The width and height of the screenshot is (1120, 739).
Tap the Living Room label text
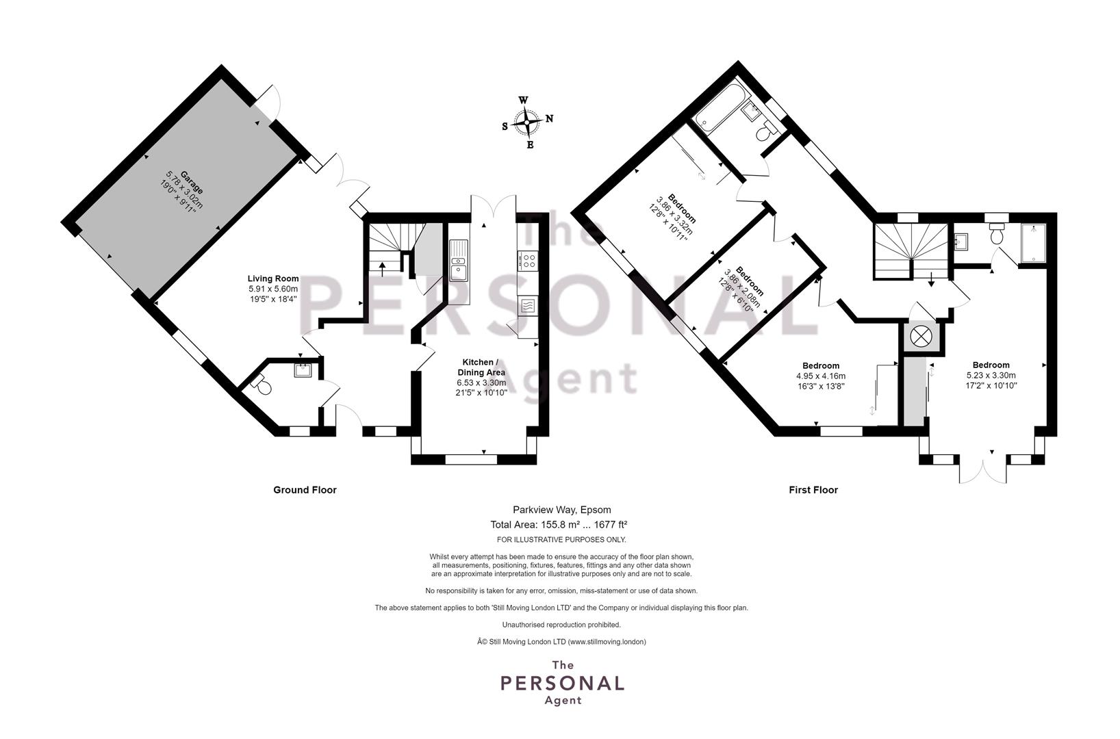(273, 278)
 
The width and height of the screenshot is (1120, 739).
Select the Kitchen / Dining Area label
(481, 367)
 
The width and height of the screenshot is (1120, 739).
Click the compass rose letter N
(550, 118)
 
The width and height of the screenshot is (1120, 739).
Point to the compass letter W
(523, 100)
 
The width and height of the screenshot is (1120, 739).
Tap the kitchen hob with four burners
(528, 260)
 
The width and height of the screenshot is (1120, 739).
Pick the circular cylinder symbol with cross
(919, 337)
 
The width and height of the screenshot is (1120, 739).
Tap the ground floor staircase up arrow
(383, 268)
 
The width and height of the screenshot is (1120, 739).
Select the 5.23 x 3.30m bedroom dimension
(991, 375)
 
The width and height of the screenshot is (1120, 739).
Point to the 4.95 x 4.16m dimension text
(821, 376)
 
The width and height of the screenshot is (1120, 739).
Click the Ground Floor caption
(305, 490)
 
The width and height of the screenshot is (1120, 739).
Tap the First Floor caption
(813, 490)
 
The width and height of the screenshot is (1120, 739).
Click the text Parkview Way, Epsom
(561, 510)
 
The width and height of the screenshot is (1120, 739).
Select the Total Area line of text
(559, 525)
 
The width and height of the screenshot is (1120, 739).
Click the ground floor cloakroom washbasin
(303, 370)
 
